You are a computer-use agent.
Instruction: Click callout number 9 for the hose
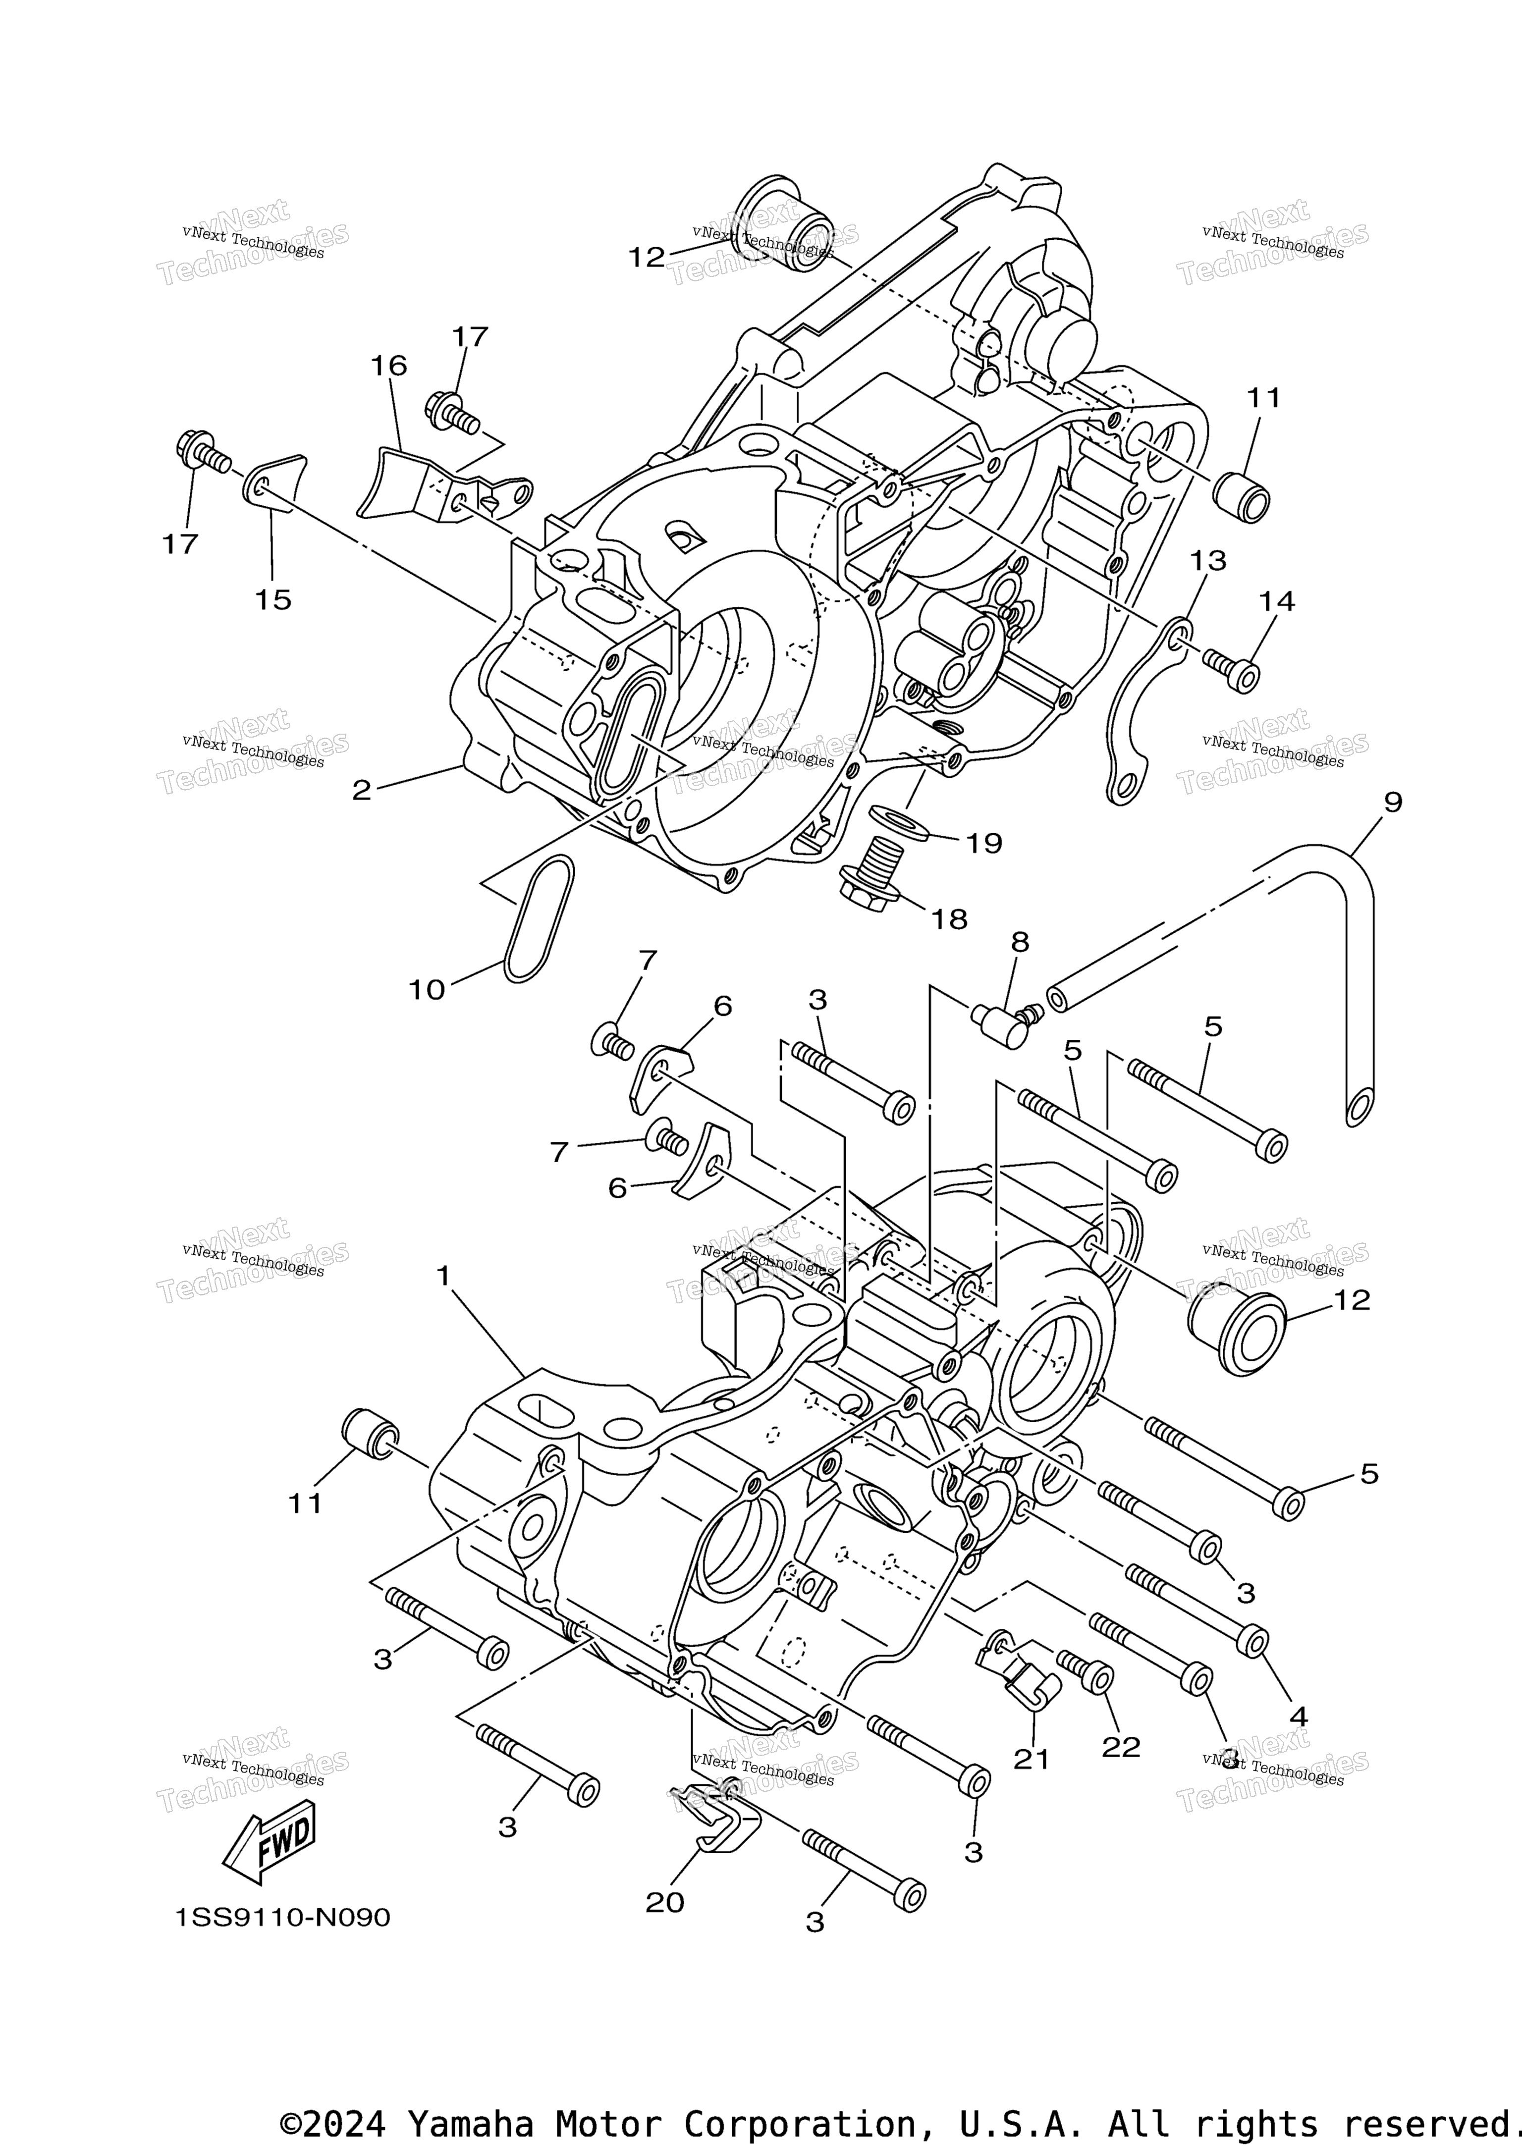(1393, 802)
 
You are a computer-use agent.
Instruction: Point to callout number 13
(1208, 560)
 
